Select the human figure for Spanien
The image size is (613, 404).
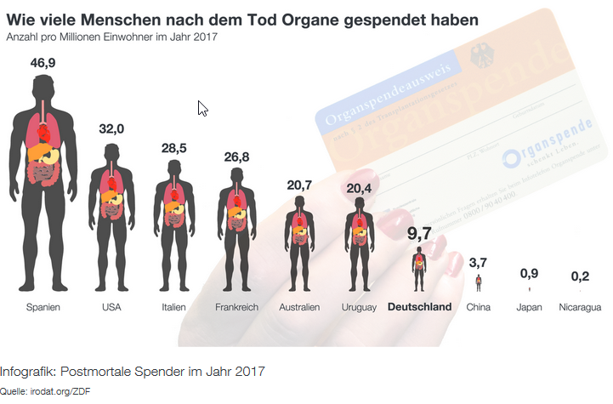click(43, 179)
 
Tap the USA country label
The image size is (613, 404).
click(111, 307)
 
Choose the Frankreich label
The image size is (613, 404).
click(236, 307)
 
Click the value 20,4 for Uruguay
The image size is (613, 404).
click(358, 188)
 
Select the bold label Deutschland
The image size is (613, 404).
click(419, 307)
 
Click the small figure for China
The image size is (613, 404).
click(479, 283)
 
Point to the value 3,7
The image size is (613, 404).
click(479, 263)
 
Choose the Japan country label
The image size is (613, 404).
click(529, 307)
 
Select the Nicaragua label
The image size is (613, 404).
click(581, 307)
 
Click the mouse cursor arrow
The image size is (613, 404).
click(202, 108)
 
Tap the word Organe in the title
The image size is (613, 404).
click(319, 20)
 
